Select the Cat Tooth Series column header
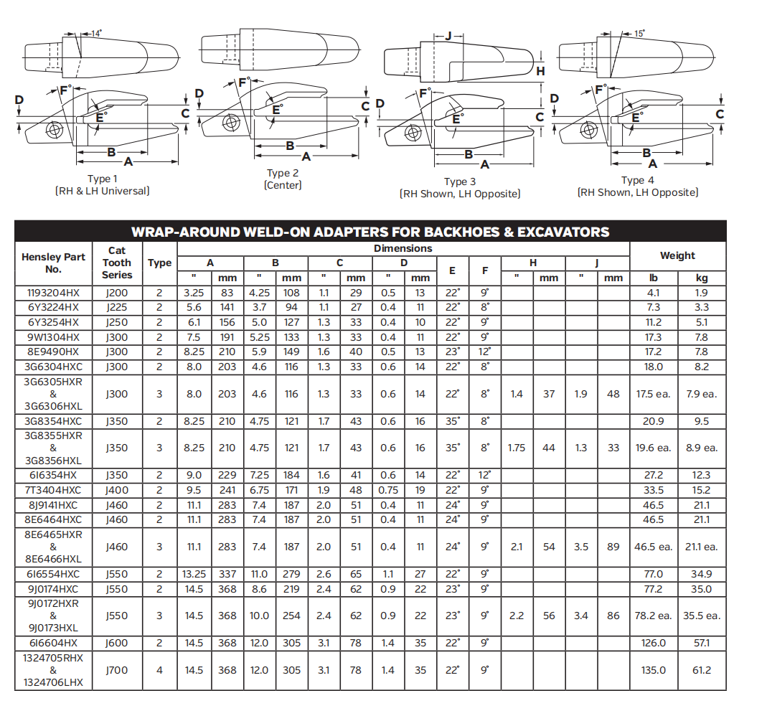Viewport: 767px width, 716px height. click(x=117, y=263)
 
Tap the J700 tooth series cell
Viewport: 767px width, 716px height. click(x=117, y=670)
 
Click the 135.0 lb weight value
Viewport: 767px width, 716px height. click(x=653, y=670)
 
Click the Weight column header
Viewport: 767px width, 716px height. click(x=677, y=255)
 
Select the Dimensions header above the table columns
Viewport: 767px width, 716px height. click(x=403, y=249)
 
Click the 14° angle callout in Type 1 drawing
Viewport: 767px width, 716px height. click(x=97, y=33)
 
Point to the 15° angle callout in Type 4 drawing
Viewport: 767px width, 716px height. click(x=639, y=33)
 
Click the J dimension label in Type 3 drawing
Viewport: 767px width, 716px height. click(x=449, y=36)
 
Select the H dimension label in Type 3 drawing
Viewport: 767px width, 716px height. click(x=540, y=71)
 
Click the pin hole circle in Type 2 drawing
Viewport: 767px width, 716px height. click(x=230, y=123)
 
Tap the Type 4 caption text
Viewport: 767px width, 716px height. click(x=637, y=180)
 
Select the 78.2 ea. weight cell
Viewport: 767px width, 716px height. click(x=653, y=616)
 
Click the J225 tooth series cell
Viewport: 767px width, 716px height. click(x=117, y=307)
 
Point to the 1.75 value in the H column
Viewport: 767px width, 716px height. click(x=517, y=448)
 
